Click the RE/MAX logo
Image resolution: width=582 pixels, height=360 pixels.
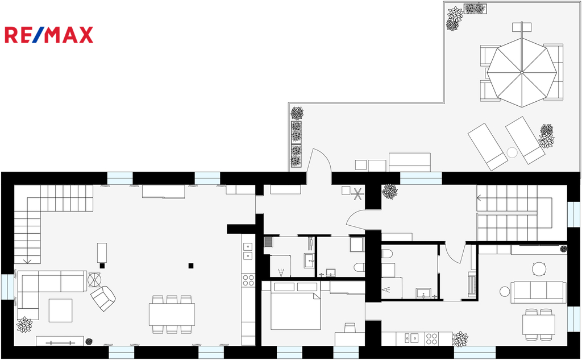point(49,35)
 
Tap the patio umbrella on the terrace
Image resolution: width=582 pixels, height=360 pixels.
point(522,72)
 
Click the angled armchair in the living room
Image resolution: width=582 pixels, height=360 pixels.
point(103,298)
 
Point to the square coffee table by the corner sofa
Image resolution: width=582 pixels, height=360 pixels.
point(60,310)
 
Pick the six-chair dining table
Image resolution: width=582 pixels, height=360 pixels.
point(172,315)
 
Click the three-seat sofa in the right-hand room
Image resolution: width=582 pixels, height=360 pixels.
point(539,292)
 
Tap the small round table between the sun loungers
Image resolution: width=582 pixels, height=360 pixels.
point(512,152)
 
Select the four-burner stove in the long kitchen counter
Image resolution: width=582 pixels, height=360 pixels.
point(248,280)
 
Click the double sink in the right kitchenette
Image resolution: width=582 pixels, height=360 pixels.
point(411,338)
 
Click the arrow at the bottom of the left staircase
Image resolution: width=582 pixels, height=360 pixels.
point(27,261)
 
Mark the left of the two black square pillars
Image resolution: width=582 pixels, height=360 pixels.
point(102,266)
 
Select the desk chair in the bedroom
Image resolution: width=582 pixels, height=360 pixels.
point(350,328)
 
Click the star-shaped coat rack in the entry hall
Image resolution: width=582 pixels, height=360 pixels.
point(358,194)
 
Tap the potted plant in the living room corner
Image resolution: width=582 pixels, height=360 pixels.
point(24,324)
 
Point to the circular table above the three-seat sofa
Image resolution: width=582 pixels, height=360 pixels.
point(539,268)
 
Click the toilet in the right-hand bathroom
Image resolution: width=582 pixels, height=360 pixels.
point(387,254)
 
